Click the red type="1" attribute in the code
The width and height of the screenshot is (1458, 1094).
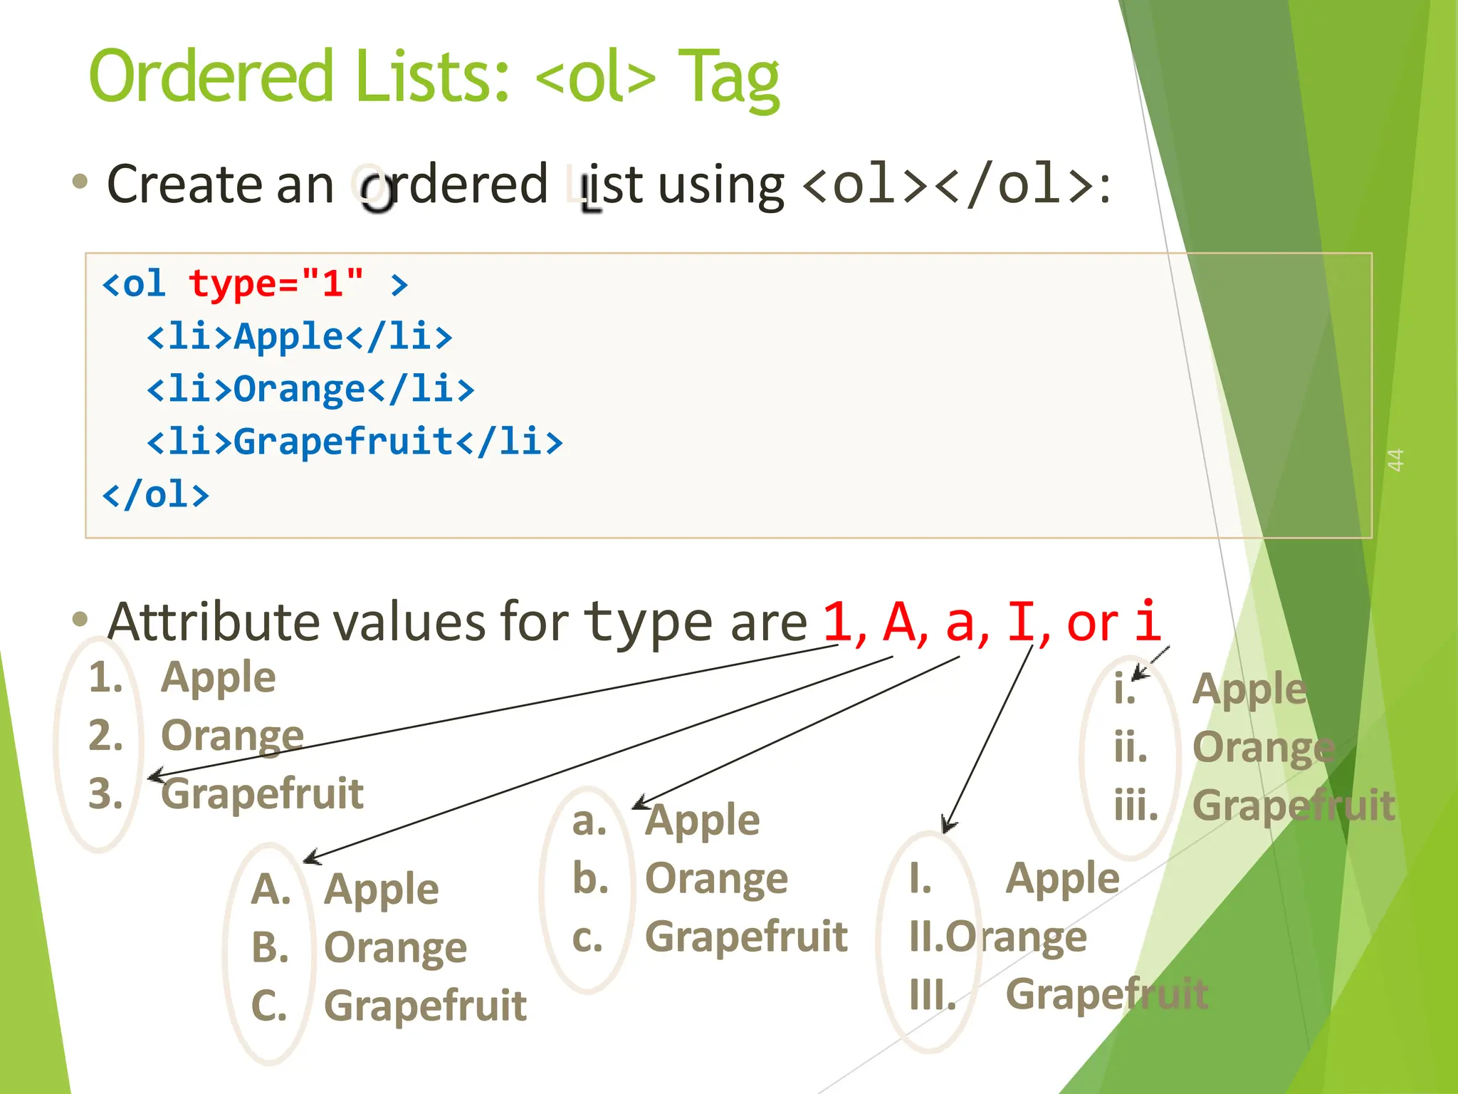pyautogui.click(x=276, y=283)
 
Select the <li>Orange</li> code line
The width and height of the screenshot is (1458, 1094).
pyautogui.click(x=310, y=390)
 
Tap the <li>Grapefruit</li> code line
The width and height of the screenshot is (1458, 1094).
pyautogui.click(x=355, y=442)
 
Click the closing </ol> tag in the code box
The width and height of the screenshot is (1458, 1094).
pyautogui.click(x=156, y=494)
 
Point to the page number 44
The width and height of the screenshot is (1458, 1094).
pyautogui.click(x=1395, y=459)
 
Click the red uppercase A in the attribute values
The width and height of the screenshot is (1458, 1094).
pyautogui.click(x=900, y=622)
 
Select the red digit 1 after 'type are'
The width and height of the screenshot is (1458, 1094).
pyautogui.click(x=838, y=622)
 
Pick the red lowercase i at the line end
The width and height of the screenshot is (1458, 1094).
pyautogui.click(x=1147, y=622)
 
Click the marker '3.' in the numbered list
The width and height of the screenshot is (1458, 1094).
pyautogui.click(x=105, y=793)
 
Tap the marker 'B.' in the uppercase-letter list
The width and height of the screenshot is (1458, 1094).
pyautogui.click(x=271, y=947)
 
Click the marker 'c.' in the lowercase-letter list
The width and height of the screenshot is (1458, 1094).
pyautogui.click(x=588, y=937)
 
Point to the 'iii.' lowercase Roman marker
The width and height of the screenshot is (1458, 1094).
pyautogui.click(x=1136, y=806)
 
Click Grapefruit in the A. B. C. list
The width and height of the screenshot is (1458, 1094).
pyautogui.click(x=425, y=1006)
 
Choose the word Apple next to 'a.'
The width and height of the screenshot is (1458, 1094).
pyautogui.click(x=703, y=820)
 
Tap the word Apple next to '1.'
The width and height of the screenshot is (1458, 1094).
pyautogui.click(x=218, y=677)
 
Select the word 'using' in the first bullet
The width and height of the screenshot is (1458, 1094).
pyautogui.click(x=720, y=185)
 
